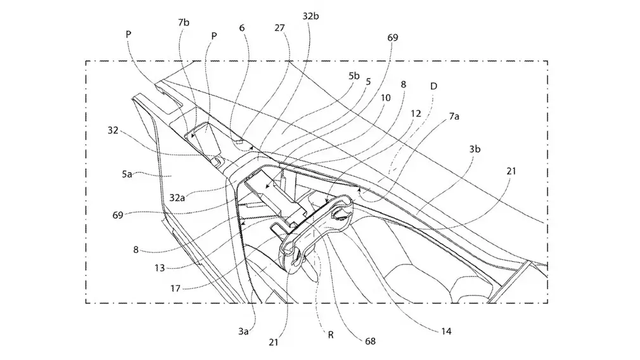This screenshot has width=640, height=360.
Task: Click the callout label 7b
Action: pos(184,22)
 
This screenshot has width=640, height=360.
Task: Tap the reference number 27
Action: pos(279,28)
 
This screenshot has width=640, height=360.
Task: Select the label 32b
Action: pos(310,16)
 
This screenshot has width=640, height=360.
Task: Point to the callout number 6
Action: pos(242,28)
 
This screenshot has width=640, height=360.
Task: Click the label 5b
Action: pos(354,76)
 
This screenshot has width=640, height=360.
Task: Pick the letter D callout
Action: pos(434,86)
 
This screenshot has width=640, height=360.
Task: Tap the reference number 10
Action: pos(385,98)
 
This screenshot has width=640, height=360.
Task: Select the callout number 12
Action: pos(416,113)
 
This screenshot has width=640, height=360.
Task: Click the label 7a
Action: pos(454,117)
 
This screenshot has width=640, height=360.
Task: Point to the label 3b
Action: pos(475,150)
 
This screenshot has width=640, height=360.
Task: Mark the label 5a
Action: pos(127,174)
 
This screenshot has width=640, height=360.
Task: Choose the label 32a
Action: pos(177,198)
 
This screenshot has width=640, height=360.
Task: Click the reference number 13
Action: pos(159,268)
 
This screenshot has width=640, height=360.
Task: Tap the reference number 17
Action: pos(175,288)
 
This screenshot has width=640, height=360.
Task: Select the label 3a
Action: pos(243,331)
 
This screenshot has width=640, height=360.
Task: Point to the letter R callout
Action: pos(331,335)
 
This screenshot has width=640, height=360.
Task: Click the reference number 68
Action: pos(370,341)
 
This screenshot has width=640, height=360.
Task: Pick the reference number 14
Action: pos(446,331)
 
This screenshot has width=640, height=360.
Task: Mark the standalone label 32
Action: pos(113,130)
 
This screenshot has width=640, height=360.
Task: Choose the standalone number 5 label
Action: pos(368,82)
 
